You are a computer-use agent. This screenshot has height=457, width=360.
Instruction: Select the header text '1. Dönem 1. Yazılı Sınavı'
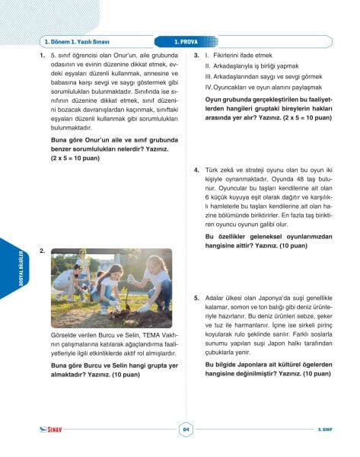coord(72,42)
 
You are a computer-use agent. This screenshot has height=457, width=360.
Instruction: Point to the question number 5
coord(197,299)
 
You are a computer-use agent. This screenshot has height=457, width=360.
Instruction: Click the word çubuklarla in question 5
coord(223,351)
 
